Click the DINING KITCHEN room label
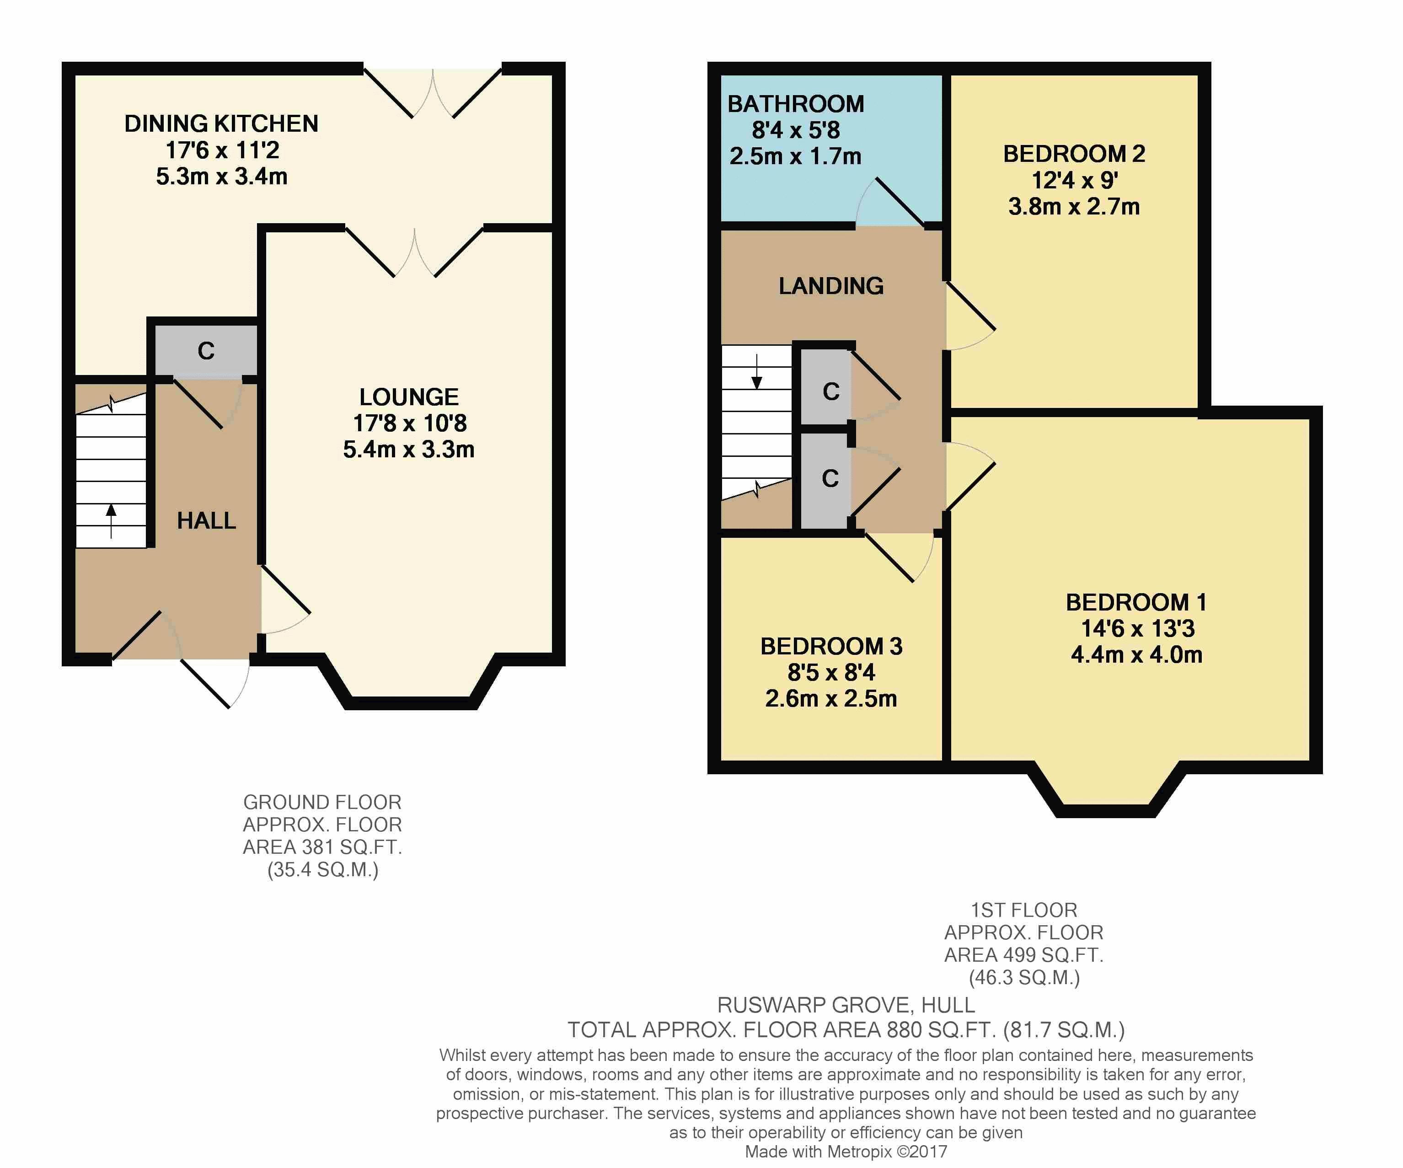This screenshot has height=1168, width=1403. point(221,123)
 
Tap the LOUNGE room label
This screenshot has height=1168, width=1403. point(409,397)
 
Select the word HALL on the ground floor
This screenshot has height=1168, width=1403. point(206,520)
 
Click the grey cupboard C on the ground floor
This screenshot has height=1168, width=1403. point(206,350)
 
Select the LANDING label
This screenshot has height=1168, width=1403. point(831,286)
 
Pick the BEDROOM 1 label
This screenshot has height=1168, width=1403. point(1136,602)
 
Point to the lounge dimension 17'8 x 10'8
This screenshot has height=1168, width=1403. point(410,423)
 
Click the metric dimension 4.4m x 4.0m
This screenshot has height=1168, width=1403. point(1136,655)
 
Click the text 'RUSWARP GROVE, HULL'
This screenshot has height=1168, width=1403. point(846,1005)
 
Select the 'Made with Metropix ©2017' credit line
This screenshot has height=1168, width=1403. point(846,1151)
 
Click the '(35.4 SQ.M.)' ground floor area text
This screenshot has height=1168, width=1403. point(323,870)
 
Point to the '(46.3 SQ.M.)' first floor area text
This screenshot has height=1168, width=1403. point(1024,978)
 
